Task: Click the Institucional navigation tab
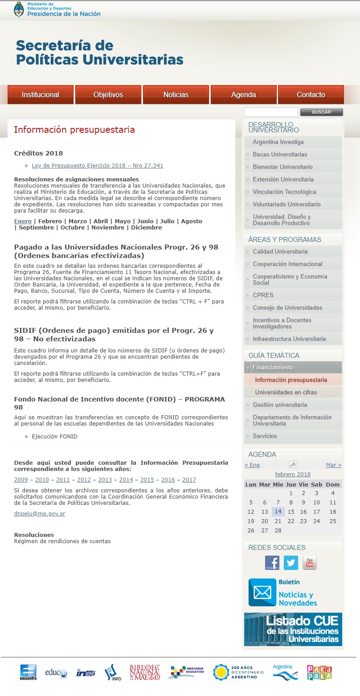click(x=41, y=94)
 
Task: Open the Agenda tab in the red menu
click(x=243, y=94)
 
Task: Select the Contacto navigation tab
click(x=311, y=94)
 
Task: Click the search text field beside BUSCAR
click(x=270, y=112)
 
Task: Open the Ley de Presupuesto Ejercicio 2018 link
click(x=98, y=166)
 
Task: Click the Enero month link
click(x=23, y=221)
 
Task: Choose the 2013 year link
click(x=105, y=480)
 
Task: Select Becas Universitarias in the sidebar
click(x=280, y=155)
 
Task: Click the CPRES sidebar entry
click(x=263, y=295)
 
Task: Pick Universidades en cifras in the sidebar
click(x=285, y=393)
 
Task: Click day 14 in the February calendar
click(x=278, y=512)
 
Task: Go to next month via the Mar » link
click(x=334, y=465)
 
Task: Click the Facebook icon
click(x=272, y=563)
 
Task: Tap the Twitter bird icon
click(x=291, y=563)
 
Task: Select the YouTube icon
click(x=310, y=563)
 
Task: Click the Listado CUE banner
click(x=293, y=629)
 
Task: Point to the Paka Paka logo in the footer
click(x=319, y=672)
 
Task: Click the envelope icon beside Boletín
click(x=262, y=592)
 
